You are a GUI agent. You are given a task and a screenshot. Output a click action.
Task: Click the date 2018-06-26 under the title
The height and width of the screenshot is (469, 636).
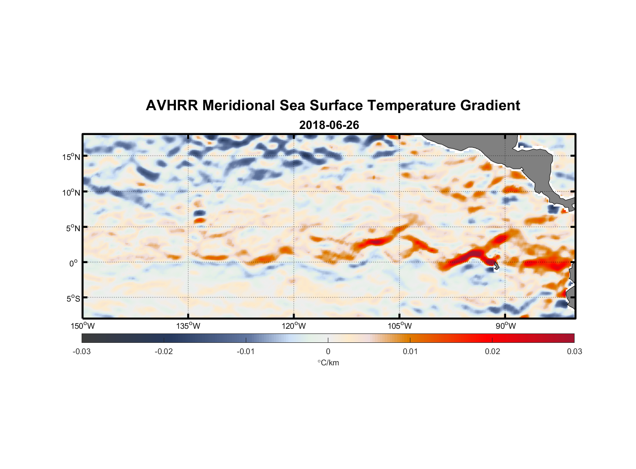click(x=329, y=125)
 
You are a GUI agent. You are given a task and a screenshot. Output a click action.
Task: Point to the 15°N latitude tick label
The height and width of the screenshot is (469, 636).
click(x=71, y=157)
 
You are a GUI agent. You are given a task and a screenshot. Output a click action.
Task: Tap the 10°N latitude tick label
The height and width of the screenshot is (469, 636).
click(x=71, y=192)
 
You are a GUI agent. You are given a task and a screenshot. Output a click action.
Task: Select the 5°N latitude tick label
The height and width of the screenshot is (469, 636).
click(x=73, y=228)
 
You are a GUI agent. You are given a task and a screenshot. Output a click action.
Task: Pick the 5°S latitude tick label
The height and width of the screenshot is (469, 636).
click(x=73, y=299)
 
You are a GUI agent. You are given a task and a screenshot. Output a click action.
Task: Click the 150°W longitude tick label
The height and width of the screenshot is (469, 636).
click(x=83, y=326)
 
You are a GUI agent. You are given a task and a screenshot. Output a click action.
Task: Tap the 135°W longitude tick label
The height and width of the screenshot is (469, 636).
click(x=188, y=326)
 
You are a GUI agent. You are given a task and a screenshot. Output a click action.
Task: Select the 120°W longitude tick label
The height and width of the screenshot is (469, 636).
click(x=294, y=326)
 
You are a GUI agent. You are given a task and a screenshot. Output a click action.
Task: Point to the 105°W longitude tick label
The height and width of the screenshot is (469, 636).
click(x=400, y=326)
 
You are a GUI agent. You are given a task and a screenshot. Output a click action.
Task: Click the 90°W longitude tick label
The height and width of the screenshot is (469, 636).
click(x=506, y=326)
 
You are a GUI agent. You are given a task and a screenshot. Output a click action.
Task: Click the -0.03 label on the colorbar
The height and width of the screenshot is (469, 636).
click(x=82, y=351)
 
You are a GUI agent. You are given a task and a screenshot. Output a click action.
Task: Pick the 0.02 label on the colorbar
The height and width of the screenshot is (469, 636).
click(x=492, y=351)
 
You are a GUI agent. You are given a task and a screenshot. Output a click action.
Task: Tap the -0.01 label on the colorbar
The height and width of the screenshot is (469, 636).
click(x=246, y=351)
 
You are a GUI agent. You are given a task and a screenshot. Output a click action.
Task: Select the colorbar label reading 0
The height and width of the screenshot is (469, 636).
click(x=328, y=351)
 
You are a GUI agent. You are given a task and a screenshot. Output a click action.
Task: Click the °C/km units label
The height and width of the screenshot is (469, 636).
click(x=328, y=363)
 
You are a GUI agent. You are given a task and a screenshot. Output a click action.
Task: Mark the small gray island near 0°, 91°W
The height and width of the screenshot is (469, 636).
click(x=496, y=265)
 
